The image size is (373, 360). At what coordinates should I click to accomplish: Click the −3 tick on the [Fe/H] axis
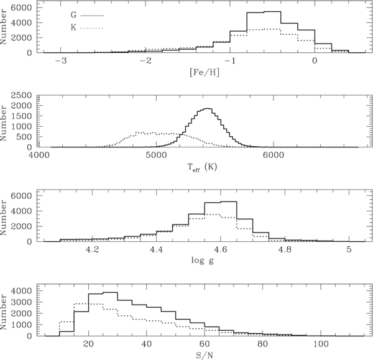(60, 62)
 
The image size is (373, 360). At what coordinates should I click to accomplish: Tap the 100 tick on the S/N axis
(321, 344)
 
